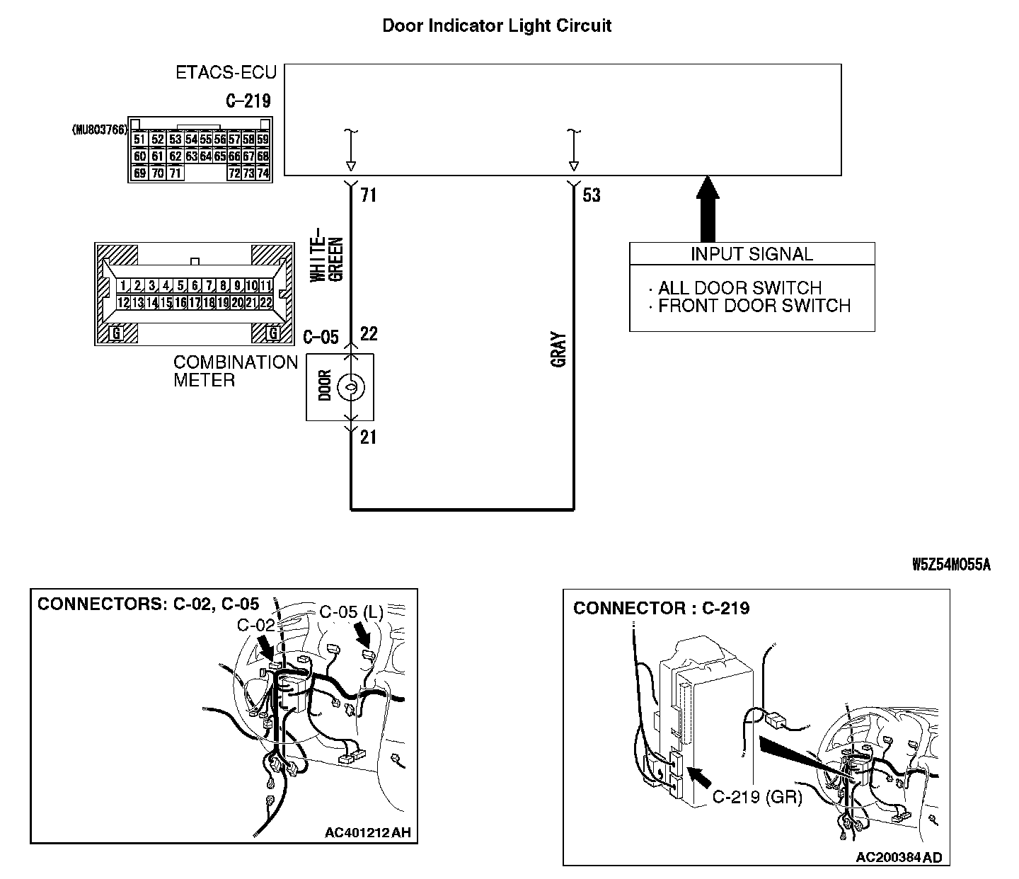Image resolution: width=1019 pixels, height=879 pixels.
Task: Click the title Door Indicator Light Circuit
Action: [497, 26]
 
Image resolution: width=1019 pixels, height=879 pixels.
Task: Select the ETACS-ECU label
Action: [226, 73]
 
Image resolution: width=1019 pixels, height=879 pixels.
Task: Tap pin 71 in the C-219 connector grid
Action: [175, 173]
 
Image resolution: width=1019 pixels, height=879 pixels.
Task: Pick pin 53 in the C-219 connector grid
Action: [175, 139]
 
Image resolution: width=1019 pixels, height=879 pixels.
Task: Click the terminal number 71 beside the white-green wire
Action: [368, 195]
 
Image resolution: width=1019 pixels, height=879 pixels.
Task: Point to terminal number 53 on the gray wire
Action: [592, 195]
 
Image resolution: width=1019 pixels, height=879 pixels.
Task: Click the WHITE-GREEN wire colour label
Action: [328, 254]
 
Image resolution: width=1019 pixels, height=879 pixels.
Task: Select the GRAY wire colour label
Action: [558, 350]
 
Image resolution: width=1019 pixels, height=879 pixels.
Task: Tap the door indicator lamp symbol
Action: [350, 387]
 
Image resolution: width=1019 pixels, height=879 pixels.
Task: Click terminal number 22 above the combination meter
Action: [369, 333]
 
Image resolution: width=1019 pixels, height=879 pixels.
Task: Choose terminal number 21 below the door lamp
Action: [368, 437]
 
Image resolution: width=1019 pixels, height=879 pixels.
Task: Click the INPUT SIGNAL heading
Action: [752, 254]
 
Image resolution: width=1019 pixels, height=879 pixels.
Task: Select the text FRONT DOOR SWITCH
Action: [754, 306]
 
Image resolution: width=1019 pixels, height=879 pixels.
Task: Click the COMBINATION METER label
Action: [236, 371]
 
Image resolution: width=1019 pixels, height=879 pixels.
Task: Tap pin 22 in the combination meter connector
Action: [266, 302]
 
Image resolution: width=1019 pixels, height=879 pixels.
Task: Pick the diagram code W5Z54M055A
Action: [951, 564]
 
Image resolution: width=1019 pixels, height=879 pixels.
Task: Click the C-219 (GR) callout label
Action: [756, 798]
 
